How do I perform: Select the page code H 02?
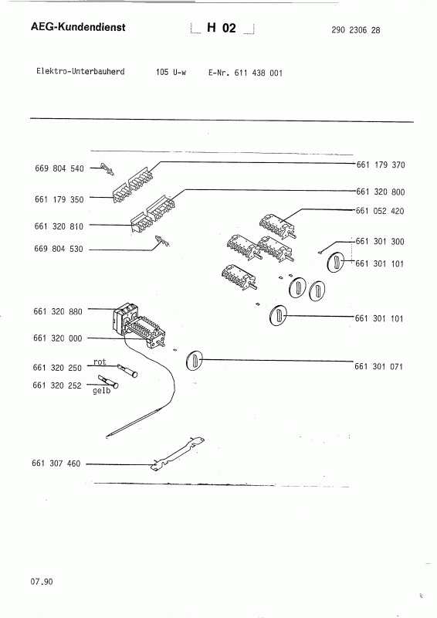[221, 29]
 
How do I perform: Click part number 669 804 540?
[60, 168]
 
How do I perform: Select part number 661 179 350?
[60, 198]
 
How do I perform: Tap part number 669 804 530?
[60, 250]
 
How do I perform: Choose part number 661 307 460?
[60, 464]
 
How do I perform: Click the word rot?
[100, 362]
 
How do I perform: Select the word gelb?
[102, 391]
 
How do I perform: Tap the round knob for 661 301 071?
[196, 360]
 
